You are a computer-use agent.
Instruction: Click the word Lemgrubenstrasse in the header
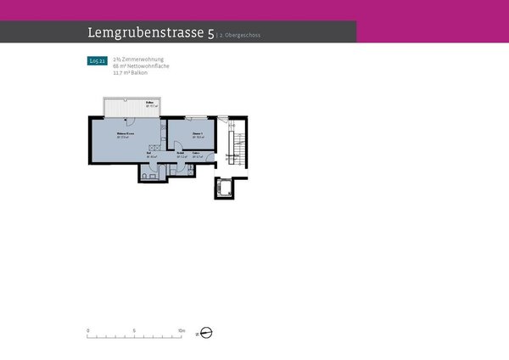[145, 33]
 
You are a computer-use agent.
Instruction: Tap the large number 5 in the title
[210, 34]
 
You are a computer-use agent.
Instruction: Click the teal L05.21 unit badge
[97, 61]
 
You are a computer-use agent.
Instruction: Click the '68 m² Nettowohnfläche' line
[141, 65]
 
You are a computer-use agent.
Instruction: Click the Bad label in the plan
[149, 155]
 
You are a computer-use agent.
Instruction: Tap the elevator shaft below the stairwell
[225, 188]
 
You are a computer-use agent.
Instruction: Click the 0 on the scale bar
[88, 329]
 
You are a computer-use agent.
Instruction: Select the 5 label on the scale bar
[135, 329]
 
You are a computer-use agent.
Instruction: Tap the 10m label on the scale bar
[181, 329]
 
